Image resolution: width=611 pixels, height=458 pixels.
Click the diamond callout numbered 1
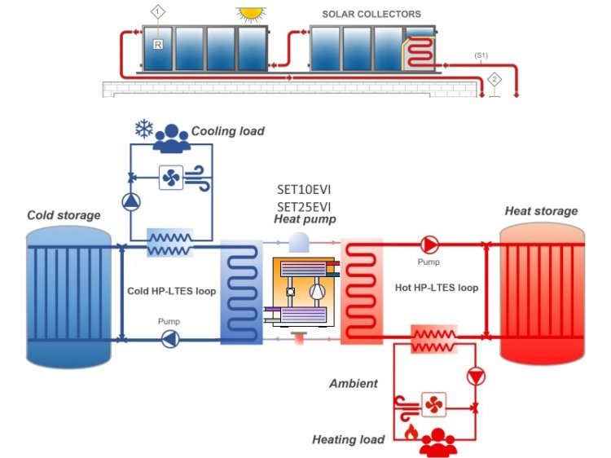point(158,11)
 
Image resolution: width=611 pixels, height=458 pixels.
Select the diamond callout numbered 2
point(494,79)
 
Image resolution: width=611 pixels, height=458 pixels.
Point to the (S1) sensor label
point(481,55)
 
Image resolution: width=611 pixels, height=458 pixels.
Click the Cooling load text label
point(227,131)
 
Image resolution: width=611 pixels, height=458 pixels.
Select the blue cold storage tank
point(68,294)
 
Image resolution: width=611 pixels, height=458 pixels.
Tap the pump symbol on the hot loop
point(429,244)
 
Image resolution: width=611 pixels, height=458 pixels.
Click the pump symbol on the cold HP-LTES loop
point(170,339)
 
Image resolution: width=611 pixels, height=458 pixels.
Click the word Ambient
point(354,383)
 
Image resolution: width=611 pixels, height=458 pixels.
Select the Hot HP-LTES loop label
point(446,288)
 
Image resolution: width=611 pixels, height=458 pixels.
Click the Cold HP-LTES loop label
point(172,291)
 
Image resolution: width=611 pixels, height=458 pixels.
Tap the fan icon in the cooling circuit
point(171,177)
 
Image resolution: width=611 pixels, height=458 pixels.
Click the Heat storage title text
point(541,211)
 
